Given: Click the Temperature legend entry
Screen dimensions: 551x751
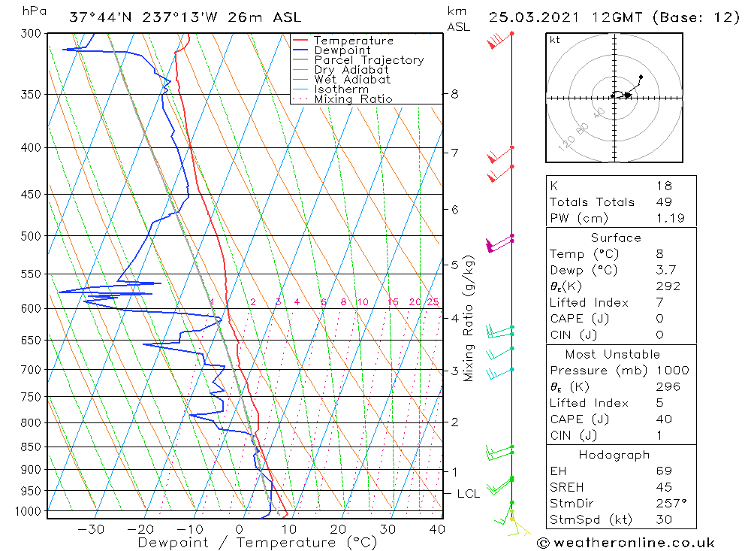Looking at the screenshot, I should click(353, 41).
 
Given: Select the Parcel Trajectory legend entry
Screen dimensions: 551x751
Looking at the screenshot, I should click(368, 60).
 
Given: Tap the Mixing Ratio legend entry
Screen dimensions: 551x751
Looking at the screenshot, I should click(353, 98).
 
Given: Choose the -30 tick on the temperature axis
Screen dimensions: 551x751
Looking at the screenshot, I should click(92, 529).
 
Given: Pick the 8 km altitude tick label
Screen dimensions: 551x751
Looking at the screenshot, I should click(454, 94).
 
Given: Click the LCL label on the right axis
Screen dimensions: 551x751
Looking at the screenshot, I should click(468, 494).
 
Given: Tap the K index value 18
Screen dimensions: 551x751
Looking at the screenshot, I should click(663, 186).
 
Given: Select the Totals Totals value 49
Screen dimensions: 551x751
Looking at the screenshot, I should click(663, 202).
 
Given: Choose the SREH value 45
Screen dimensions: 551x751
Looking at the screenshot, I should click(663, 487).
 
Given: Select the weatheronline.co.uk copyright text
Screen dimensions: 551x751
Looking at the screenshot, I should click(626, 543).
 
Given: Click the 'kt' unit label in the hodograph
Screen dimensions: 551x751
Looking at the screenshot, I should click(555, 40).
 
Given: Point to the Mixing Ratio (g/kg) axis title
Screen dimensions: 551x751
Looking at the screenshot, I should click(469, 319).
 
